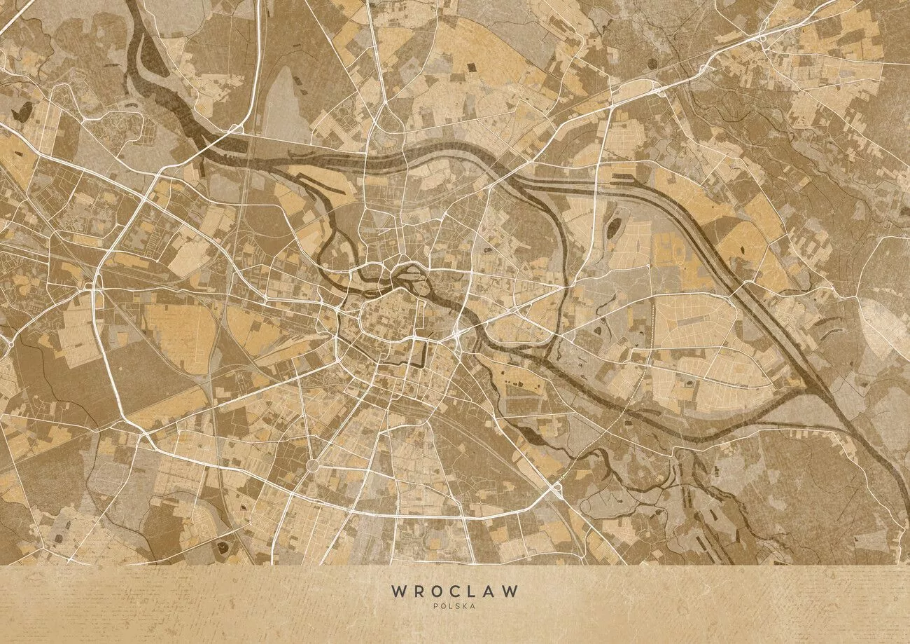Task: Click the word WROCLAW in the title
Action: click(455, 591)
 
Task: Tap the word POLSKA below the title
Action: click(454, 606)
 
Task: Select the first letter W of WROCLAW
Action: click(398, 591)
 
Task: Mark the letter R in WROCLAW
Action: click(418, 591)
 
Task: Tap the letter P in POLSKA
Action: click(436, 606)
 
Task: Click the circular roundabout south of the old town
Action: click(312, 465)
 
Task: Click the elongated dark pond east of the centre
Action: click(614, 228)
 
